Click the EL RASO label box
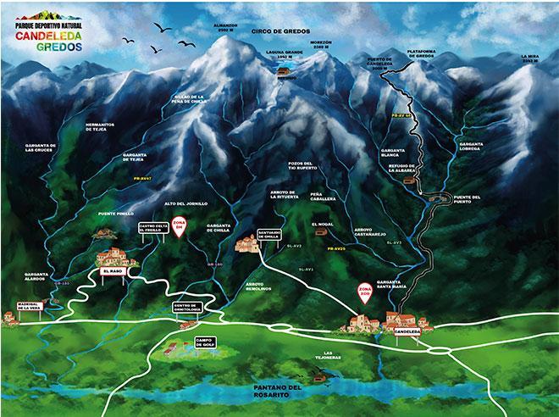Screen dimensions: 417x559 pyautogui.click(x=112, y=273)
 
